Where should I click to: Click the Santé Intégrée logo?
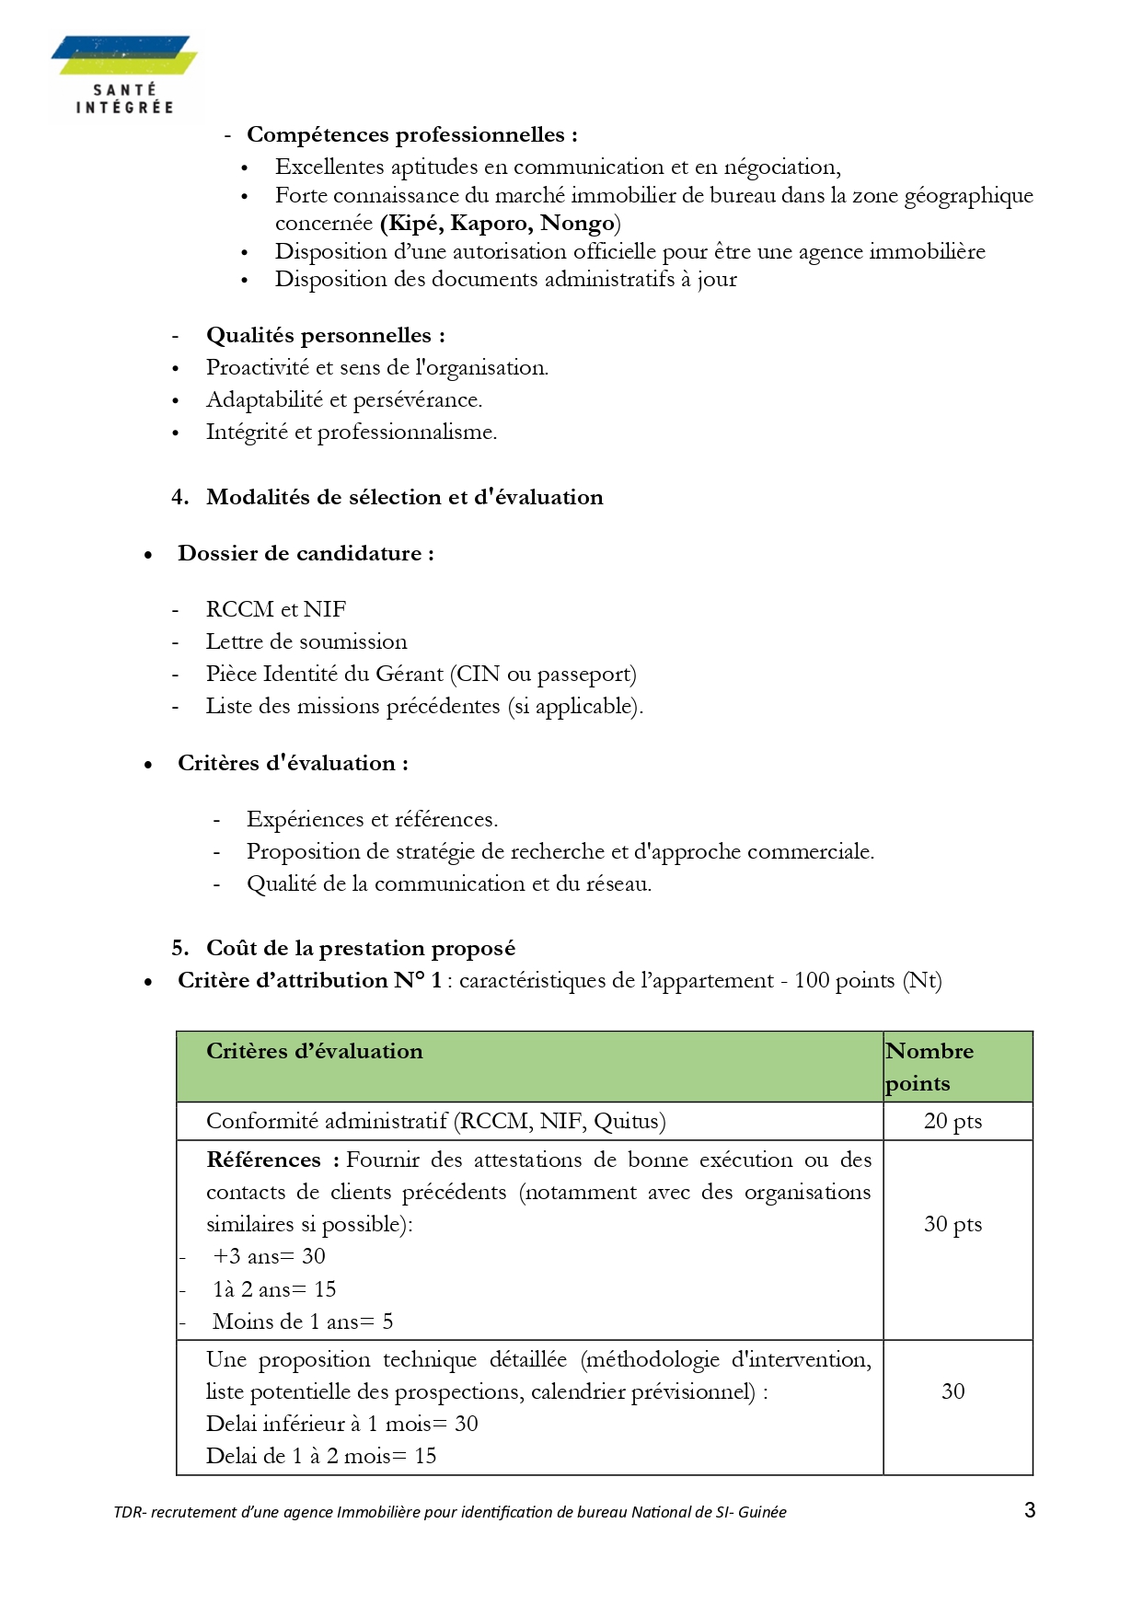(x=124, y=75)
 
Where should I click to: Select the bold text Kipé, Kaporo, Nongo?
(x=500, y=224)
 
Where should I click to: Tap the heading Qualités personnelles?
(x=325, y=336)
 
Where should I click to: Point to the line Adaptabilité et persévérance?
(x=343, y=400)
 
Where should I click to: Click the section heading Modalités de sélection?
(x=404, y=498)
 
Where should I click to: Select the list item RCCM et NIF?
(x=275, y=610)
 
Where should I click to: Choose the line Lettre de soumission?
(x=306, y=642)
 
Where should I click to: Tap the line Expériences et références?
(x=372, y=820)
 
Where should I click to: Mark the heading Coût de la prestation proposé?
(x=360, y=949)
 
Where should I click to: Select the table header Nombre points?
(x=929, y=1067)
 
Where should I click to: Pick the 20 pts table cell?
(x=952, y=1122)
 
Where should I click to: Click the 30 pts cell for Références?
(x=952, y=1225)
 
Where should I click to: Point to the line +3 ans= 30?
(x=269, y=1257)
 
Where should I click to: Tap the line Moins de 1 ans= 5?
(x=303, y=1322)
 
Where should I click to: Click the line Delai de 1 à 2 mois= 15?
(x=321, y=1457)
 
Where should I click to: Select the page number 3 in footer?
(x=1030, y=1510)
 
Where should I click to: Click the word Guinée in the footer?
(x=762, y=1512)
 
